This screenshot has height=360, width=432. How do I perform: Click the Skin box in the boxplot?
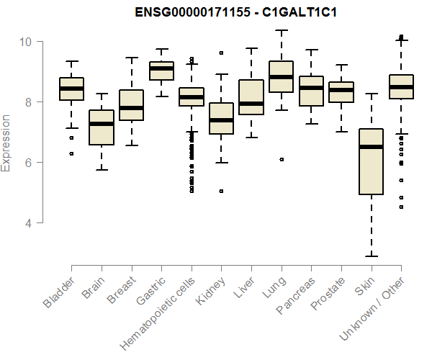(x=371, y=161)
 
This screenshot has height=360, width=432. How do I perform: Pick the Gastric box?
(x=161, y=70)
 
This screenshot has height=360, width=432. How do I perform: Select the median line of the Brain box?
(x=101, y=124)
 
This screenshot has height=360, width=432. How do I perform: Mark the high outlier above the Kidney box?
(x=221, y=53)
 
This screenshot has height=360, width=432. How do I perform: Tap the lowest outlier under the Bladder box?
(x=71, y=153)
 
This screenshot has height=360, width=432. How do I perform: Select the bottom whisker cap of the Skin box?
(x=371, y=256)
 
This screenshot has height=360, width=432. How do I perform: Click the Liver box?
(x=251, y=97)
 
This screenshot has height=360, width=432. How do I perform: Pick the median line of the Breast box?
(x=131, y=107)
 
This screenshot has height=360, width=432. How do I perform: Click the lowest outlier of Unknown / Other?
(x=401, y=207)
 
